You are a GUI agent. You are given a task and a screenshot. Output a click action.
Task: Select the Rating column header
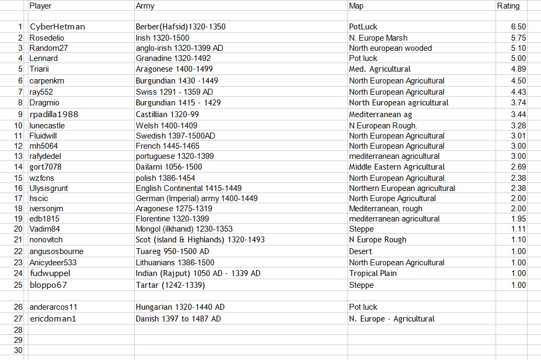tap(508, 6)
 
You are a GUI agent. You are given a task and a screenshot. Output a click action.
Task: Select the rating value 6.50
tap(518, 27)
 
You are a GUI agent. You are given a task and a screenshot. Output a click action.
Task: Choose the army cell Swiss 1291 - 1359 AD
tap(174, 92)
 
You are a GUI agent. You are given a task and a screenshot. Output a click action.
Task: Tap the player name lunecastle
tap(47, 126)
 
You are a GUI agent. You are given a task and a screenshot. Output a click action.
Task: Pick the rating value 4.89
tap(518, 69)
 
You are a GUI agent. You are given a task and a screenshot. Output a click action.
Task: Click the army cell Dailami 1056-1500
tap(169, 167)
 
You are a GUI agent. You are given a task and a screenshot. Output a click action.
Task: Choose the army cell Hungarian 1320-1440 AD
tap(180, 307)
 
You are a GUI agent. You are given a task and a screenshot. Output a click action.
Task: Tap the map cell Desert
tap(361, 251)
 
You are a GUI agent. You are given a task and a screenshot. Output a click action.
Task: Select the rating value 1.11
tap(518, 229)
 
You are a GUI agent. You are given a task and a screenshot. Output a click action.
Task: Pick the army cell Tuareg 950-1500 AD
tap(172, 251)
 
